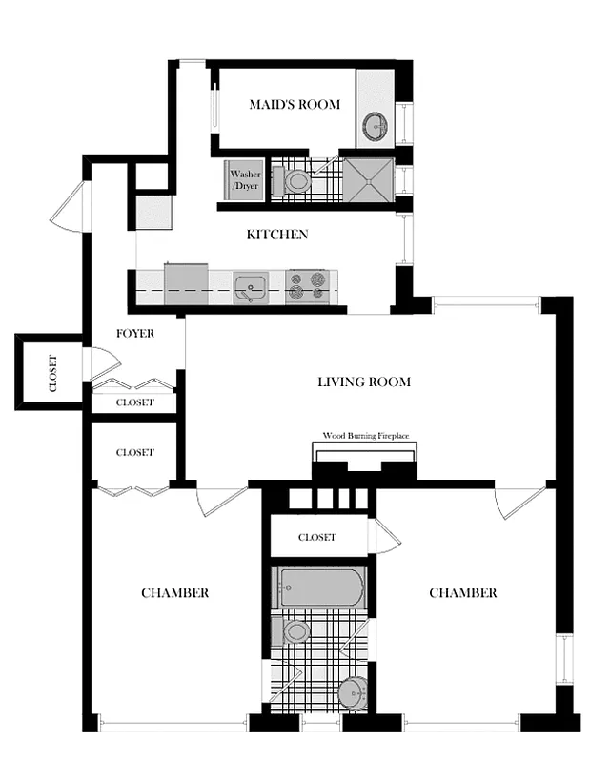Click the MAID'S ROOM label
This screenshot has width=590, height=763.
[x=295, y=104]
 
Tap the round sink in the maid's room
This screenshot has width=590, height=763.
[x=376, y=125]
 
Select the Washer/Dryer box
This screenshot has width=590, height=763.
[x=244, y=179]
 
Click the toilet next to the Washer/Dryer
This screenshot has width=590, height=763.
[x=295, y=179]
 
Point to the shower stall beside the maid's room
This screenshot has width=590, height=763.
[x=367, y=179]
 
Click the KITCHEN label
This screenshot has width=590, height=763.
[x=276, y=235]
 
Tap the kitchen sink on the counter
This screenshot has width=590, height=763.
[x=251, y=285]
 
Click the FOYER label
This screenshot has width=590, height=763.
[x=135, y=334]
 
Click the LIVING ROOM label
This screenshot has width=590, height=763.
[x=364, y=381]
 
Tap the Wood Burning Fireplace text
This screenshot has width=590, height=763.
[x=366, y=435]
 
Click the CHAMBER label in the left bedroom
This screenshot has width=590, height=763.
[x=174, y=592]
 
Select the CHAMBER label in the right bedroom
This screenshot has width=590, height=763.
[x=462, y=592]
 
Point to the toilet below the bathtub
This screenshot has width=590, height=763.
[x=295, y=630]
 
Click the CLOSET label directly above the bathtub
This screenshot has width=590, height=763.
[x=316, y=537]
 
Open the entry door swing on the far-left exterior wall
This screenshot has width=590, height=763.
[x=69, y=208]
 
